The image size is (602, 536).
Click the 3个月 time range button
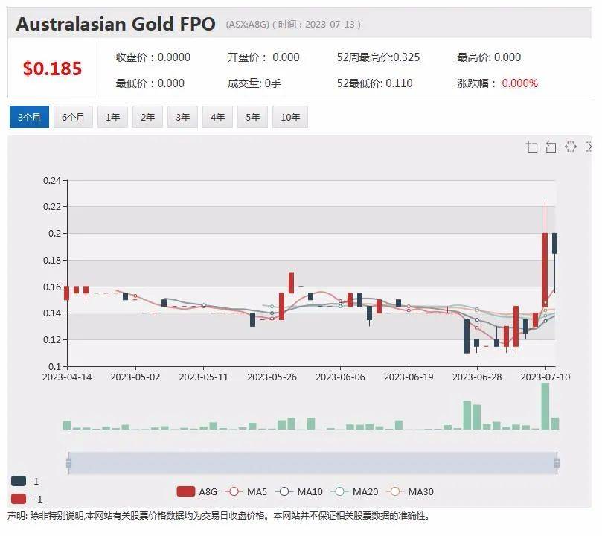29,117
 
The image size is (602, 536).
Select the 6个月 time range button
73,117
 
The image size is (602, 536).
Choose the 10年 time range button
290,117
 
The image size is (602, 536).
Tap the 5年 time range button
253,117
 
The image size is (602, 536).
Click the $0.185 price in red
52,69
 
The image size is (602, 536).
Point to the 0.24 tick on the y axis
51,180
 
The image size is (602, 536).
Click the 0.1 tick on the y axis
55,367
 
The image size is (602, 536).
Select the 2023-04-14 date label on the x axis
68,378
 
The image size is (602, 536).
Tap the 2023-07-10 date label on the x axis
545,378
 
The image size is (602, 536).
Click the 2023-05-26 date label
272,378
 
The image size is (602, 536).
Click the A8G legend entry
196,491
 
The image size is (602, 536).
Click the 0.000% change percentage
519,83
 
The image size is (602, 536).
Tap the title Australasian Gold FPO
115,24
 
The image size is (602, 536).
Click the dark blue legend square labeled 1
19,481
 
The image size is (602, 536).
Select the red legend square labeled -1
19,499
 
